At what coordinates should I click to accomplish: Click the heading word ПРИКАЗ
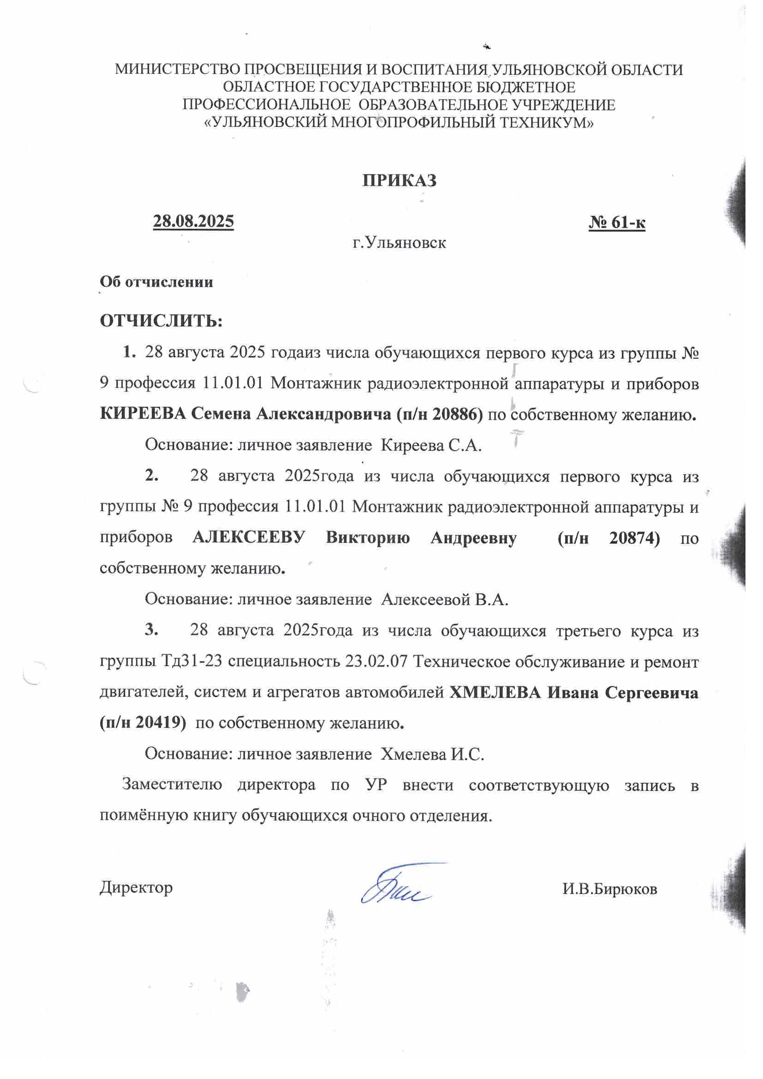tap(399, 181)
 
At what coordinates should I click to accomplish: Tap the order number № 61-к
tap(617, 222)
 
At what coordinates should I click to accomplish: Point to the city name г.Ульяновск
tap(399, 243)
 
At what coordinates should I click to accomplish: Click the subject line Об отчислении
tap(156, 282)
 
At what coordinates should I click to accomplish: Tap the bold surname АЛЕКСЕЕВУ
tap(249, 537)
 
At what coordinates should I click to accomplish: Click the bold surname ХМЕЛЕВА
tap(495, 693)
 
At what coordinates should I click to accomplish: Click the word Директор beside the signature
tap(136, 887)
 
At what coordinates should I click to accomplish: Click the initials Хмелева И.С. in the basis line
tap(432, 754)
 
